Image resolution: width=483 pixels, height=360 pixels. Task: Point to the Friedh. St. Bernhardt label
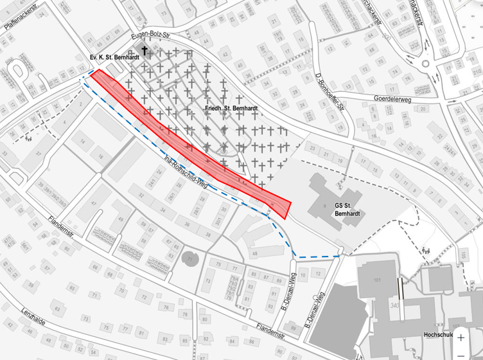click(x=231, y=109)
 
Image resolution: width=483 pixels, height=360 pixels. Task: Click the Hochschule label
click(x=439, y=335)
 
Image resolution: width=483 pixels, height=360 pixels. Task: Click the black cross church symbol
click(x=145, y=50)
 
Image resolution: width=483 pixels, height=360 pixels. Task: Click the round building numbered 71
click(x=190, y=258)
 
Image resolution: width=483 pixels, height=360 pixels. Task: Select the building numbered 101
click(x=377, y=280)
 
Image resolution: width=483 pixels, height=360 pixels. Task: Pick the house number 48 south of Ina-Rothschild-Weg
click(x=255, y=255)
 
